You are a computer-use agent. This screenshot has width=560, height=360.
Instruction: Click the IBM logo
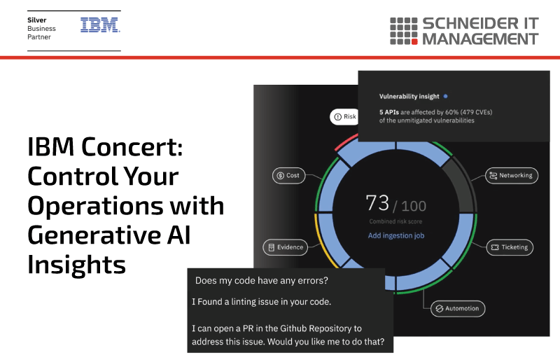click(x=100, y=25)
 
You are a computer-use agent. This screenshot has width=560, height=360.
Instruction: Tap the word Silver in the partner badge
click(x=37, y=20)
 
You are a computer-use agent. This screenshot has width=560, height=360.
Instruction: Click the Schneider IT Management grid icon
click(x=404, y=31)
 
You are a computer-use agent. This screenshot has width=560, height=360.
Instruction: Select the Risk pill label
click(x=344, y=116)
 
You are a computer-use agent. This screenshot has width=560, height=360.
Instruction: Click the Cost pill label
click(x=288, y=176)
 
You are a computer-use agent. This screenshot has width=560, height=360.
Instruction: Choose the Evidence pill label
click(x=286, y=247)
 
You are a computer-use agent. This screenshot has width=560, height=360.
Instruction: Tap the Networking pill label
click(x=512, y=176)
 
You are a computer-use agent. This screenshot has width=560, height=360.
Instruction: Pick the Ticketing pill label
click(x=510, y=247)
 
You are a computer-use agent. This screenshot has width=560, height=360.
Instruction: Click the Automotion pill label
click(x=458, y=308)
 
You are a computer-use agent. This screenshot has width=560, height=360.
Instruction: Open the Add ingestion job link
click(x=396, y=235)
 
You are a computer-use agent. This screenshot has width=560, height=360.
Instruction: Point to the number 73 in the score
click(x=377, y=203)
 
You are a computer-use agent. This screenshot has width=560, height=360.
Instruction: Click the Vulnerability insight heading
click(x=409, y=97)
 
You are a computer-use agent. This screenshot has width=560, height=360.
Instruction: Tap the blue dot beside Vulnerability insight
click(x=445, y=96)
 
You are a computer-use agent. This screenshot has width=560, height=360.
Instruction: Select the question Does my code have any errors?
click(x=261, y=281)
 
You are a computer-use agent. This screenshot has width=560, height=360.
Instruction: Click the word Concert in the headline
click(x=132, y=146)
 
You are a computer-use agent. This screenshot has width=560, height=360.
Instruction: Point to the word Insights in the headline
click(x=77, y=265)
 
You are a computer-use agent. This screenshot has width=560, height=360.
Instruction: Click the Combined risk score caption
click(x=395, y=221)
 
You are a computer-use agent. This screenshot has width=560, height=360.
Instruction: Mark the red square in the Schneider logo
click(x=414, y=42)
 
